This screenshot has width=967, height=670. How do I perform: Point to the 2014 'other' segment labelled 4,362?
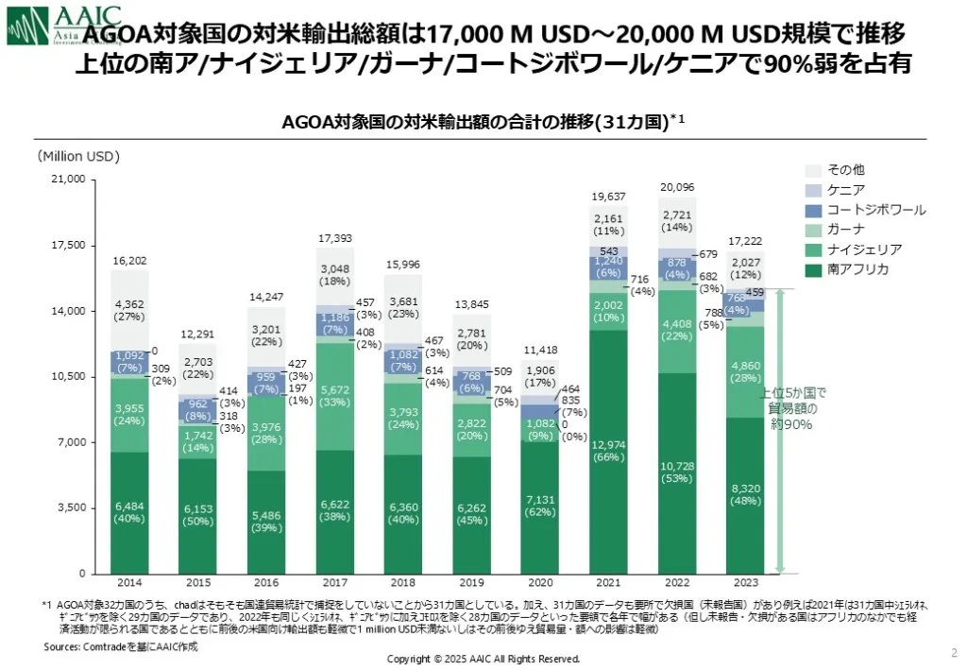click(129, 309)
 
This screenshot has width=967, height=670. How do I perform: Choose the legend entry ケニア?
click(846, 190)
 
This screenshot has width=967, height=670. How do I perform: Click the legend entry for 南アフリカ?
click(858, 269)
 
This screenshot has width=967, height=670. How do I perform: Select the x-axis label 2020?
click(540, 583)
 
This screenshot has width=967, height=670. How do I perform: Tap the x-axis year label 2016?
click(266, 583)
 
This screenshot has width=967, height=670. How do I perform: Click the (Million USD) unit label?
click(79, 156)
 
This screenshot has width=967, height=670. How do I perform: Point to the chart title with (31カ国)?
click(482, 122)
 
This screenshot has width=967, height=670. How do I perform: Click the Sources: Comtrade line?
click(120, 646)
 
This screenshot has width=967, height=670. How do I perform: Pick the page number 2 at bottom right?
click(952, 652)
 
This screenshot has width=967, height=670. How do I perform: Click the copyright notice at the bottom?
click(483, 659)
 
